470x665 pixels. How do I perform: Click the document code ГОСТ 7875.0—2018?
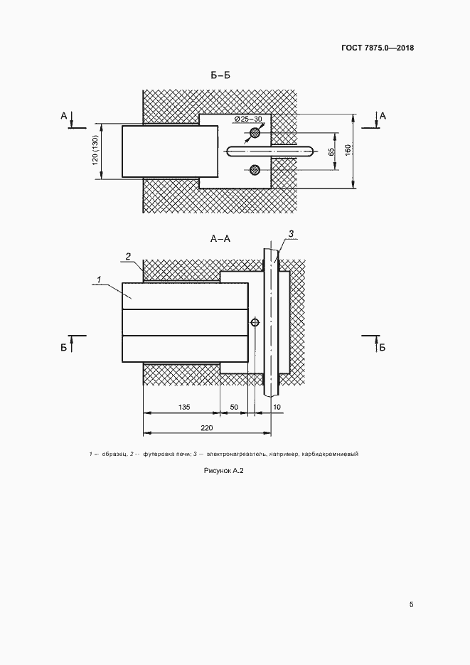pyautogui.click(x=377, y=48)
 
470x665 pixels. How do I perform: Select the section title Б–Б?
pyautogui.click(x=220, y=75)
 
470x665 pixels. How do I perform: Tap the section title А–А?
pyautogui.click(x=220, y=239)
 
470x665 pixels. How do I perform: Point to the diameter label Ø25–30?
pyautogui.click(x=248, y=119)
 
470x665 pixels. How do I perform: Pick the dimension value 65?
pyautogui.click(x=331, y=151)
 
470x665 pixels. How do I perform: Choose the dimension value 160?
pyautogui.click(x=348, y=149)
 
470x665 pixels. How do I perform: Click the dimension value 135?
pyautogui.click(x=184, y=407)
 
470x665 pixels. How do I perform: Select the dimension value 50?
pyautogui.click(x=234, y=407)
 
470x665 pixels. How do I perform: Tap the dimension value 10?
pyautogui.click(x=277, y=407)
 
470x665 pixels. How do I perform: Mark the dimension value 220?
pyautogui.click(x=207, y=428)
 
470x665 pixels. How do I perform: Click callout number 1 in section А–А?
pyautogui.click(x=98, y=280)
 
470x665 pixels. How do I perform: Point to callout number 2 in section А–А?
pyautogui.click(x=127, y=256)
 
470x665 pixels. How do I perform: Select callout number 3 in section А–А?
pyautogui.click(x=291, y=234)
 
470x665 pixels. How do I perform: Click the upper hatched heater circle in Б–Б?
pyautogui.click(x=255, y=133)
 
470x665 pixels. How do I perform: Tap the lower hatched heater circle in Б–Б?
pyautogui.click(x=255, y=170)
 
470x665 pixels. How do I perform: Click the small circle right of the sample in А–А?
pyautogui.click(x=255, y=323)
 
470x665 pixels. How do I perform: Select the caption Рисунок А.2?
pyautogui.click(x=224, y=471)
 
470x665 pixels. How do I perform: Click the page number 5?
pyautogui.click(x=411, y=605)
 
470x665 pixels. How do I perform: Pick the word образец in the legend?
pyautogui.click(x=114, y=454)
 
